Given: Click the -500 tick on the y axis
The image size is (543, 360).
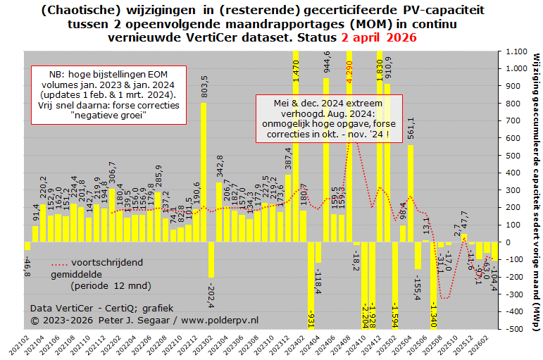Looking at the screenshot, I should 516,329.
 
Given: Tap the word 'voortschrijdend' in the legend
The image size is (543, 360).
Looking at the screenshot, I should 108,262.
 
